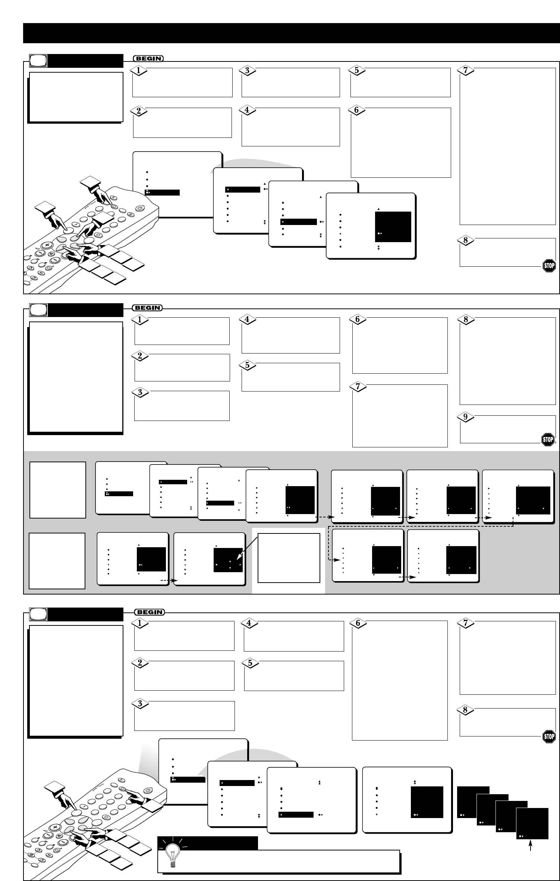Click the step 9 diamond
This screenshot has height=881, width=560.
point(465,417)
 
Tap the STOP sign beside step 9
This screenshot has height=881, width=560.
point(548,440)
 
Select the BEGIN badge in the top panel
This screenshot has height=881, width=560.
point(148,58)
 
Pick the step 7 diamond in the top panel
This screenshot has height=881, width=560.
point(465,70)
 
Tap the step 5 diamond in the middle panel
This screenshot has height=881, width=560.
point(247,365)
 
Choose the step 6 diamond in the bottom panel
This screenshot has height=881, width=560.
point(358,623)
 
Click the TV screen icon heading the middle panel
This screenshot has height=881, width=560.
point(39,310)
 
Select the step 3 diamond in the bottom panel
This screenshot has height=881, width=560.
point(140,703)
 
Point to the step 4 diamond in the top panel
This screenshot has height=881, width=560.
point(247,110)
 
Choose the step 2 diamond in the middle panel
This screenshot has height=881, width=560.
point(140,356)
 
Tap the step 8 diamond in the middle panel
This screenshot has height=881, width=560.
point(465,320)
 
